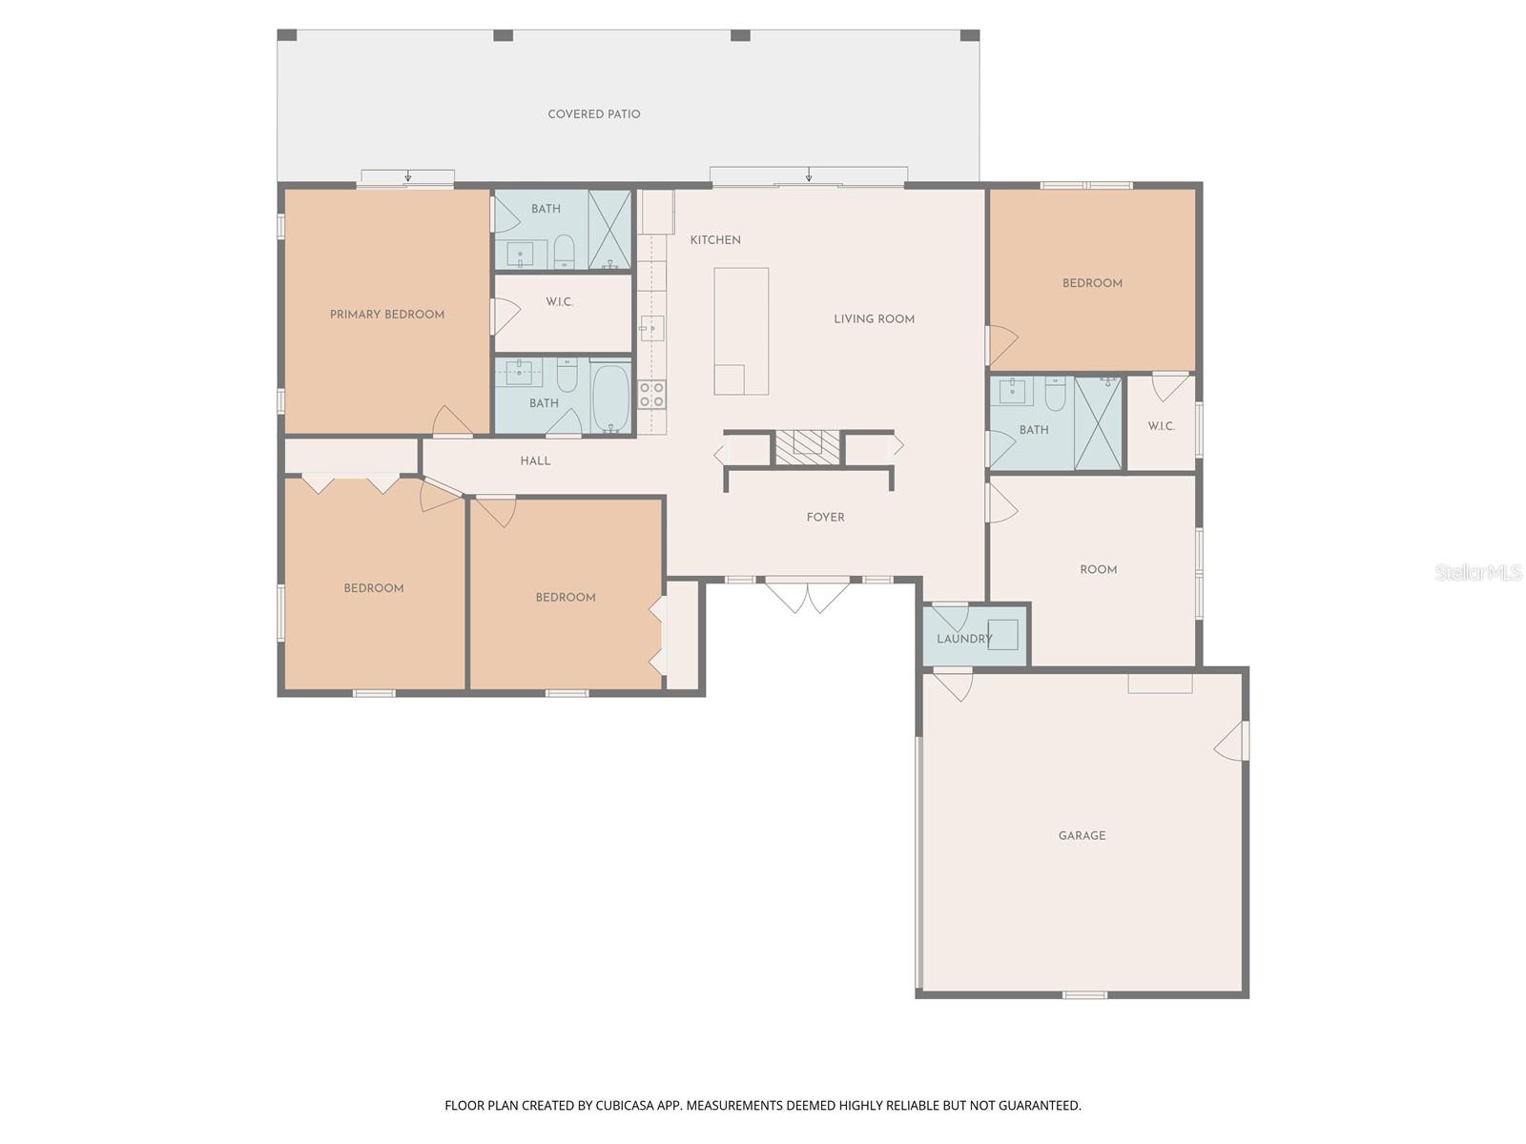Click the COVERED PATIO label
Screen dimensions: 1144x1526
593,114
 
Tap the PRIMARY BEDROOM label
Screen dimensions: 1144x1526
386,315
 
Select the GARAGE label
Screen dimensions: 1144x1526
1082,836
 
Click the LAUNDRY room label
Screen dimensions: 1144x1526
963,639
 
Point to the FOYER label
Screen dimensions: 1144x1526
825,518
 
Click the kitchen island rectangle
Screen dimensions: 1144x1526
741,331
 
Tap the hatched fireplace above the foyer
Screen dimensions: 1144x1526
807,447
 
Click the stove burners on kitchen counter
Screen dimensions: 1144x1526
651,395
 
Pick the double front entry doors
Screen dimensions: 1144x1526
808,595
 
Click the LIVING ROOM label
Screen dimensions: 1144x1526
874,319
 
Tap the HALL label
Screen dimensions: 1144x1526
535,461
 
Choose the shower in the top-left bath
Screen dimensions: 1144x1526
609,230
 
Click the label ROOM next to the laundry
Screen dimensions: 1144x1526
1098,570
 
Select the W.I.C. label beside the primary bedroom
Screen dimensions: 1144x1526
559,302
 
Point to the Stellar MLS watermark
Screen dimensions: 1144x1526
1477,572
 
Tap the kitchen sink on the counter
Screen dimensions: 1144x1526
651,329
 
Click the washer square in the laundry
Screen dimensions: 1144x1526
1003,635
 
